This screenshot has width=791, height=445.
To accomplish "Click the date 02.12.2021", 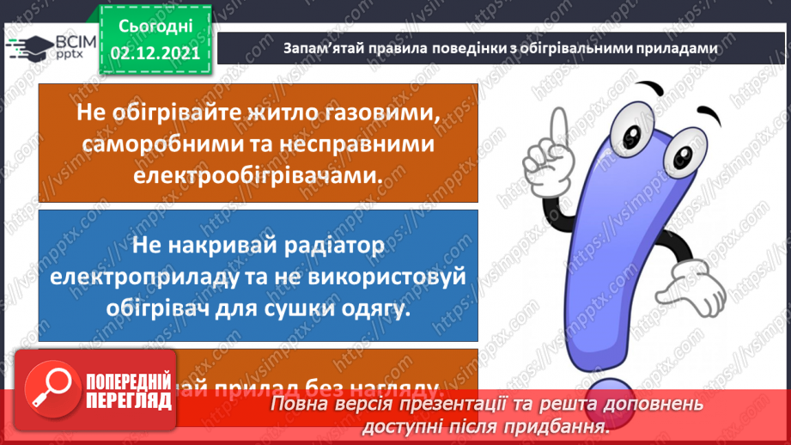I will click(155, 52).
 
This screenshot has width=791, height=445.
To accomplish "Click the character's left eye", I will click(636, 136).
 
